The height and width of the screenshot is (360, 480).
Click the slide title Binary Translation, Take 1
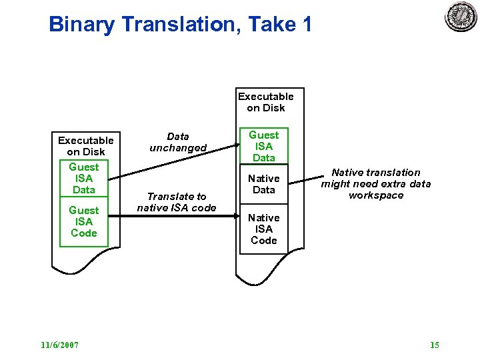(180, 25)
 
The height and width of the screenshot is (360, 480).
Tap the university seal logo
(461, 17)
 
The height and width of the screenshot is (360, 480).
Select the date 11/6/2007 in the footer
(59, 345)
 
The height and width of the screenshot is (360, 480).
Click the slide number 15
(435, 345)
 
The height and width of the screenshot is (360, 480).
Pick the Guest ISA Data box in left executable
(84, 179)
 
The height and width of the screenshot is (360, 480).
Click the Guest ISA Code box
(84, 222)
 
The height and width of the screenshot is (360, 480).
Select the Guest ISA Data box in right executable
(264, 146)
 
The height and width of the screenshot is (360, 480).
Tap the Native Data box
(264, 184)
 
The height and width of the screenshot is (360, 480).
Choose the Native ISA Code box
(264, 229)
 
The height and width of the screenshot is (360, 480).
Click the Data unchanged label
(178, 142)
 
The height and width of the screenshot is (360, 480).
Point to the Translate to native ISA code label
(177, 202)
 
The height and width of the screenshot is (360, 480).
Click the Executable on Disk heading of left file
(85, 146)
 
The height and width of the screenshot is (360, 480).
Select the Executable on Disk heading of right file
(266, 102)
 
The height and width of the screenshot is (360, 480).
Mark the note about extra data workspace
(376, 183)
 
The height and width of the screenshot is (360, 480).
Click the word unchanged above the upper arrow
(178, 148)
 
